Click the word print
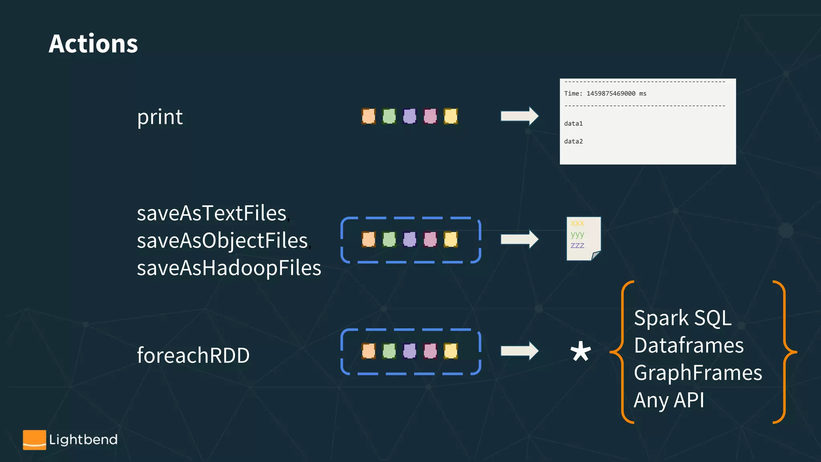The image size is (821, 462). [x=160, y=117]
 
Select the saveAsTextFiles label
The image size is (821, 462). [x=212, y=213]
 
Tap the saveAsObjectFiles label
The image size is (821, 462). [x=222, y=241]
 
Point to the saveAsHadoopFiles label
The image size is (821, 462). [x=229, y=268]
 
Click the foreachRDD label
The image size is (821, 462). [x=193, y=355]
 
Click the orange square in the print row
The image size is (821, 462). [x=368, y=116]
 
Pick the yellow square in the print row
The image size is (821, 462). [x=451, y=116]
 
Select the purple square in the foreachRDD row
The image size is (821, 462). [x=409, y=351]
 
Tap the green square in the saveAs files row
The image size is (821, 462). [x=389, y=239]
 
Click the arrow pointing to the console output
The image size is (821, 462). [x=519, y=116]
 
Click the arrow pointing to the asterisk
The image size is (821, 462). [x=519, y=351]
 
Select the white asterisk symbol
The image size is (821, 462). [x=580, y=351]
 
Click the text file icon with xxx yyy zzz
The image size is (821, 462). [x=583, y=239]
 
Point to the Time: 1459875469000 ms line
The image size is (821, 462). [x=605, y=93]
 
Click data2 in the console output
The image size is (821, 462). [x=573, y=141]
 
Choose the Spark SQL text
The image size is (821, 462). [x=682, y=318]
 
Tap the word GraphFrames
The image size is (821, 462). [x=698, y=373]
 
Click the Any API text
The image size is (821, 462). [x=669, y=400]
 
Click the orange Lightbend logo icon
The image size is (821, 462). [x=34, y=440]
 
